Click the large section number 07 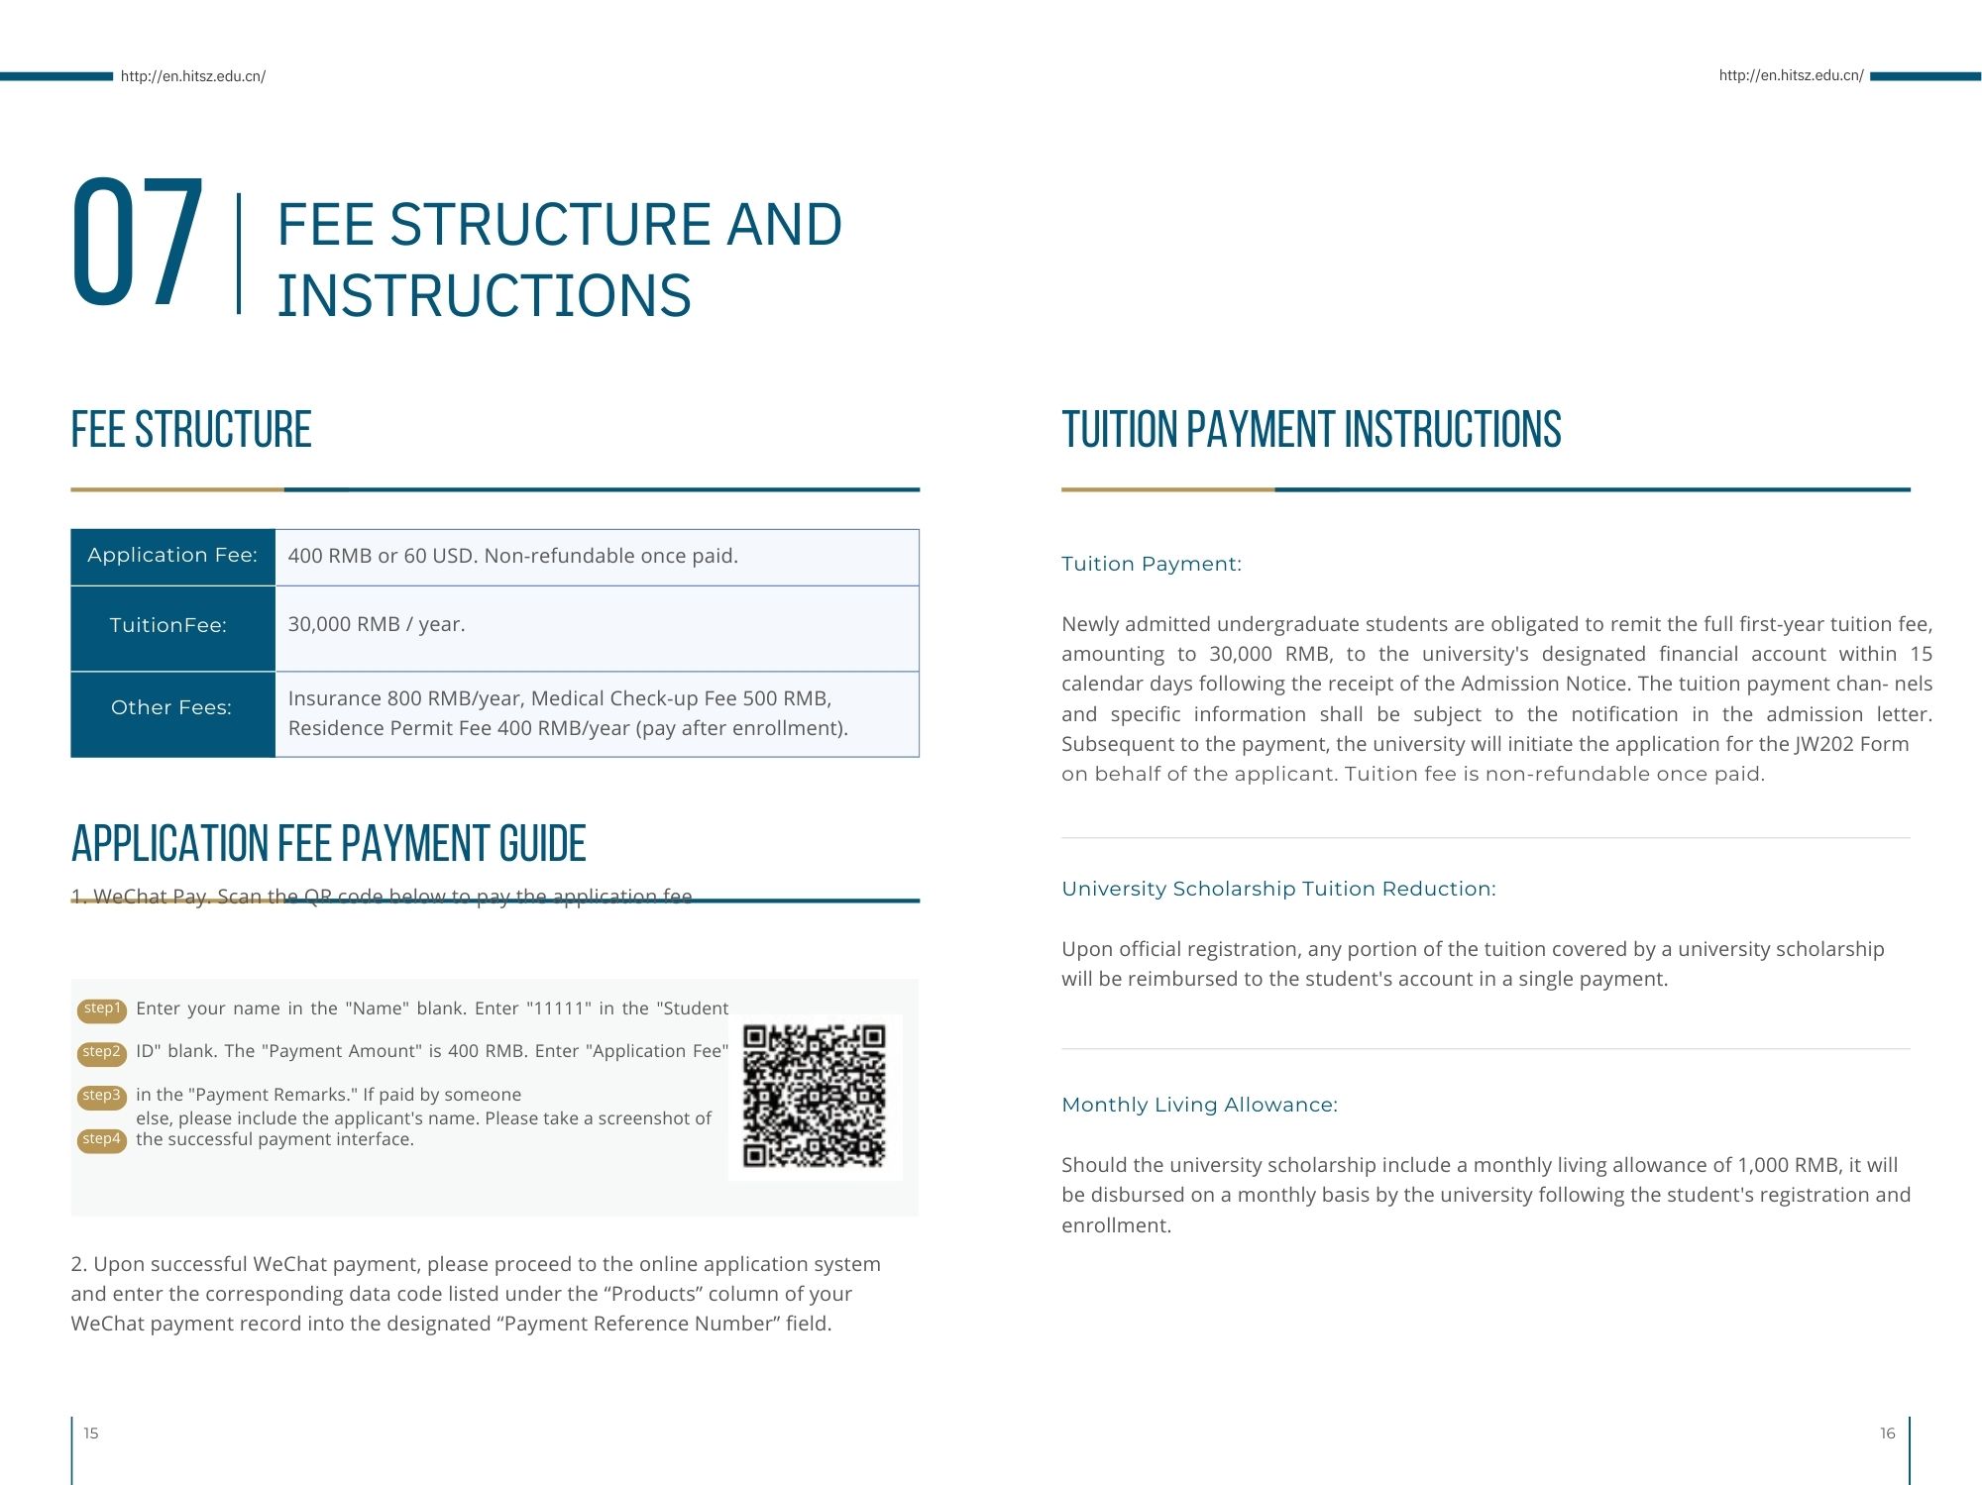point(138,244)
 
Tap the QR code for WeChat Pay point(814,1097)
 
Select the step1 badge point(102,1009)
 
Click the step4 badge point(102,1140)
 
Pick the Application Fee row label point(172,556)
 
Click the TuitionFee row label point(168,626)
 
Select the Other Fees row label point(171,708)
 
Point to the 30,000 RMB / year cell point(377,625)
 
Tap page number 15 point(91,1433)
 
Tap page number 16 point(1887,1433)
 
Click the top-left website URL point(193,76)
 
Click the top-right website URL point(1791,75)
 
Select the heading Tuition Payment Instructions point(1311,431)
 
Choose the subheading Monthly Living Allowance point(1199,1106)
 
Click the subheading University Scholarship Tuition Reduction point(1278,890)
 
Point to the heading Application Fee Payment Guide point(329,845)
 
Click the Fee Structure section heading point(191,431)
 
